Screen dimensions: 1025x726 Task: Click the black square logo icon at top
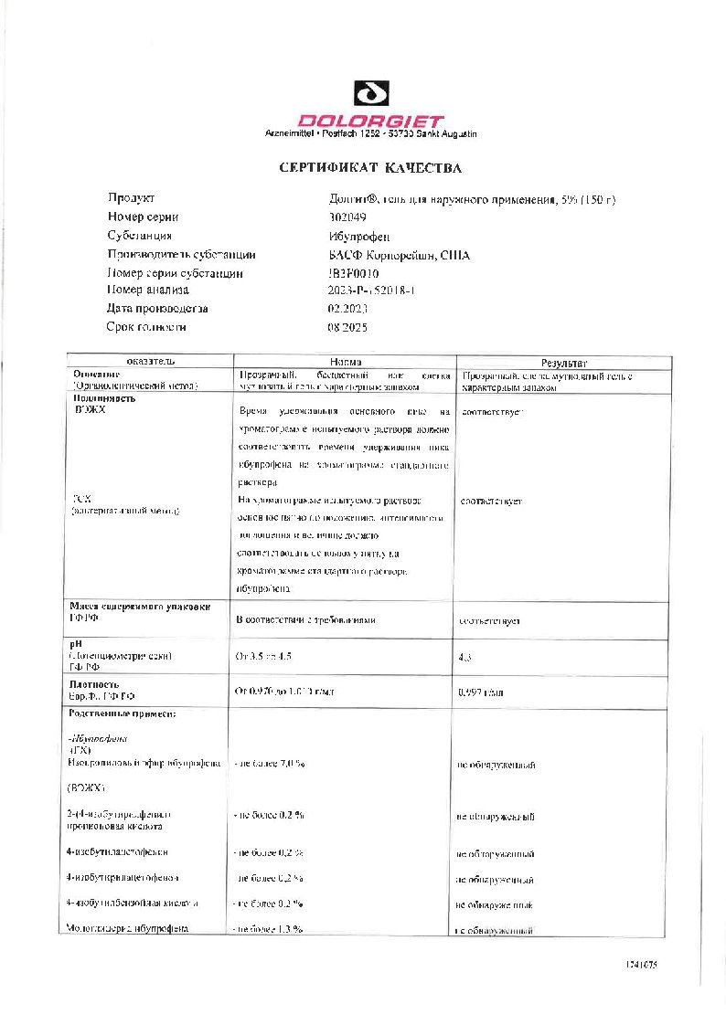372,94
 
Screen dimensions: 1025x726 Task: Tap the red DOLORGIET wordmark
372,121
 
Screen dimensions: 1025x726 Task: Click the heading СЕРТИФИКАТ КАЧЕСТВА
370,168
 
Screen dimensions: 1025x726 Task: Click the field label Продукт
132,198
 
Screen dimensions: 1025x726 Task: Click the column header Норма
345,363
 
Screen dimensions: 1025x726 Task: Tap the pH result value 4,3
465,657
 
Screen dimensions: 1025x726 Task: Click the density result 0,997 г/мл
481,692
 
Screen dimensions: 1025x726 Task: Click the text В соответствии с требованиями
305,620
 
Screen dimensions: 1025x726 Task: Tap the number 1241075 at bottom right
641,965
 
